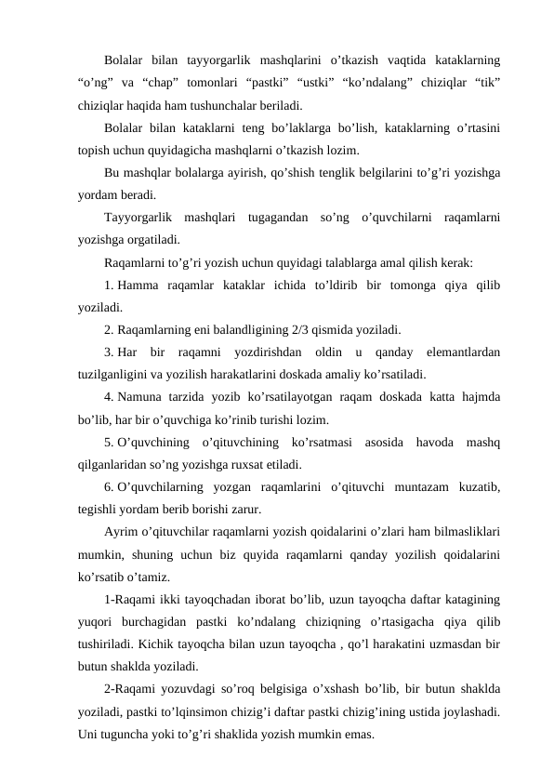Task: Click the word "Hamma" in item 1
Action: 138,284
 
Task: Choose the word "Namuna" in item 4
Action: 141,395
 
